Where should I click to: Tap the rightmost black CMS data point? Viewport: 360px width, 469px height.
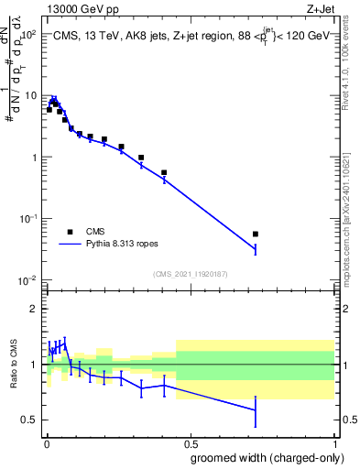click(x=256, y=234)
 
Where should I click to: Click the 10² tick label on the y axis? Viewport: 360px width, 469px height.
click(x=27, y=35)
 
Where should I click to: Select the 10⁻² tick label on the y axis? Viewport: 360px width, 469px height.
click(x=27, y=280)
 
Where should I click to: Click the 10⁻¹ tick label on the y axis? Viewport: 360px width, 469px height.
click(x=27, y=219)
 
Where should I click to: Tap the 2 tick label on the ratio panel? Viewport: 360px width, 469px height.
click(x=33, y=309)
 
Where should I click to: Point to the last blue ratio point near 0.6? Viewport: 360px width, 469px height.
click(x=256, y=410)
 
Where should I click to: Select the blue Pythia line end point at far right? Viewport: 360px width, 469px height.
click(x=256, y=249)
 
